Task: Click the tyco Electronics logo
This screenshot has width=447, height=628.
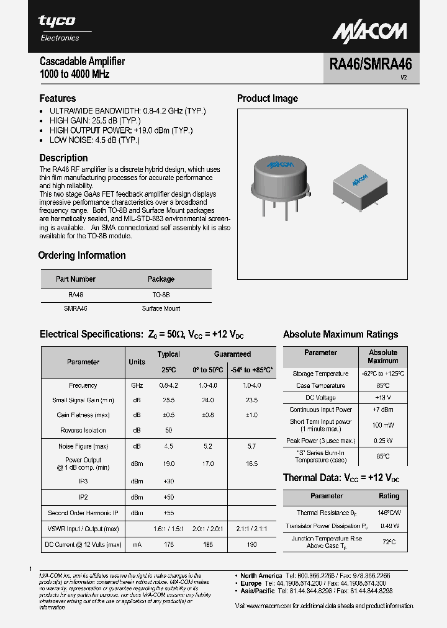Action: pyautogui.click(x=58, y=27)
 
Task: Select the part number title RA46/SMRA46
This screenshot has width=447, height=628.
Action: pyautogui.click(x=370, y=65)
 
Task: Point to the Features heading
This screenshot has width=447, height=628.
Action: pyautogui.click(x=58, y=99)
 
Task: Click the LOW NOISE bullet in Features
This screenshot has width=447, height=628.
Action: pyautogui.click(x=94, y=140)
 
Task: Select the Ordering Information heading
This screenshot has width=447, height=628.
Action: pyautogui.click(x=82, y=256)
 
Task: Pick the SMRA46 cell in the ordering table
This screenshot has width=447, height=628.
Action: pyautogui.click(x=76, y=308)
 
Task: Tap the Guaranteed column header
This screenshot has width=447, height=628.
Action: pyautogui.click(x=232, y=354)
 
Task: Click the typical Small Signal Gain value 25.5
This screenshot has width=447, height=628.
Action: pyautogui.click(x=168, y=400)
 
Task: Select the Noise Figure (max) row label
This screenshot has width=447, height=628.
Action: pyautogui.click(x=83, y=446)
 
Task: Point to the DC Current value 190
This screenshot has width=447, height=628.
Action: pyautogui.click(x=251, y=544)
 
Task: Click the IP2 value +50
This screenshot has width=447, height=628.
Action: pyautogui.click(x=168, y=497)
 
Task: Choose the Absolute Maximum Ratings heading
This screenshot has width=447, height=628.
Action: pyautogui.click(x=340, y=334)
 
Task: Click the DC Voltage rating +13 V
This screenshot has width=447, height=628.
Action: pyautogui.click(x=382, y=398)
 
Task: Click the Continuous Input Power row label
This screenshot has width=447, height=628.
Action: pyautogui.click(x=320, y=410)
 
